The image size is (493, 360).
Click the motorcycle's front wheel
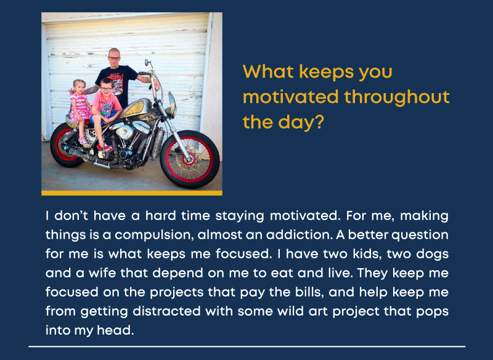click(x=190, y=159)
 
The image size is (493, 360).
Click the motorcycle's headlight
click(x=172, y=104)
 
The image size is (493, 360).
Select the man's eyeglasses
click(x=114, y=58)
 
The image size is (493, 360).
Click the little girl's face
click(x=79, y=88)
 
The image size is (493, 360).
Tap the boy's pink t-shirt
click(x=106, y=104)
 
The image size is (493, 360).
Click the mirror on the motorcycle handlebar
click(x=147, y=62)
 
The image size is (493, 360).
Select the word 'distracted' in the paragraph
click(x=166, y=311)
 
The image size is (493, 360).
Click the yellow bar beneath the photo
click(x=132, y=193)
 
